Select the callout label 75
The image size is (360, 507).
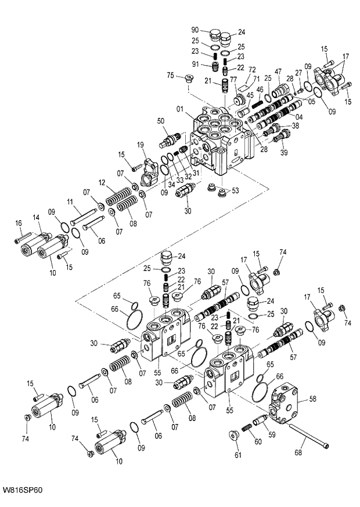170,75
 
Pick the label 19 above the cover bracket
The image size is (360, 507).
140,144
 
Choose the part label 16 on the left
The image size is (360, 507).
19,223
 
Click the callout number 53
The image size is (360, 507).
235,190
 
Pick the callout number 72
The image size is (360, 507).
252,69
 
